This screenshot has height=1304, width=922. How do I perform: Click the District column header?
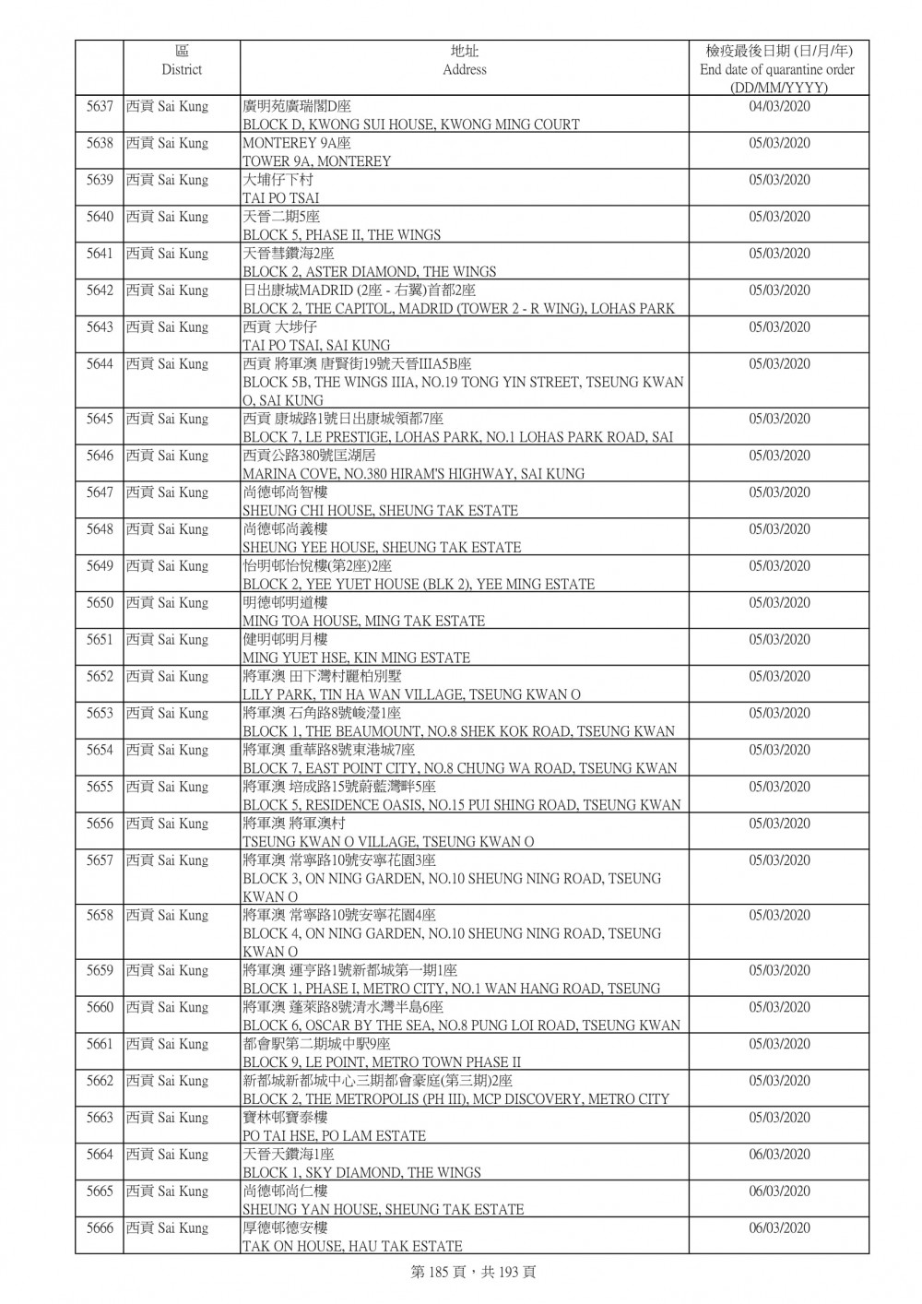point(181,61)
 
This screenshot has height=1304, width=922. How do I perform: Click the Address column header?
point(464,61)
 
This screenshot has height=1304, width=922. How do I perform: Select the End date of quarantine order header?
point(777,69)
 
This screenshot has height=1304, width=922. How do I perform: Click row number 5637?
point(100,107)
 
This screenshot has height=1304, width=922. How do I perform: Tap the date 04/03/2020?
point(779,107)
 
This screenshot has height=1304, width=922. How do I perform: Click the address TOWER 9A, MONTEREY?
point(316,161)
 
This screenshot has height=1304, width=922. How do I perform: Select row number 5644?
point(100,364)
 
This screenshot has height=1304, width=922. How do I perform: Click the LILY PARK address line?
point(411,694)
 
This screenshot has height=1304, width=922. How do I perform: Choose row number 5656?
point(100,824)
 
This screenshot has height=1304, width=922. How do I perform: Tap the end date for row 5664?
point(779,1155)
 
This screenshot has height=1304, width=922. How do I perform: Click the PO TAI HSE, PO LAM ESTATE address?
point(334,1136)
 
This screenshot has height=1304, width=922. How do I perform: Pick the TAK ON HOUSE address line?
point(352,1246)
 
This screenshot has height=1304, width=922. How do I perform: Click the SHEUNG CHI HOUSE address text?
point(380,511)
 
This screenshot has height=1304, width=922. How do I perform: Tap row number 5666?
point(100,1228)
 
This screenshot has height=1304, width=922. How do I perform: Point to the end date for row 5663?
point(779,1118)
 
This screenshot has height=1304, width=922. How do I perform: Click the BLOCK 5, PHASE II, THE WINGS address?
point(341,235)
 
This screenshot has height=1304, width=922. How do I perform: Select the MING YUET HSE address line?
point(356,658)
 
